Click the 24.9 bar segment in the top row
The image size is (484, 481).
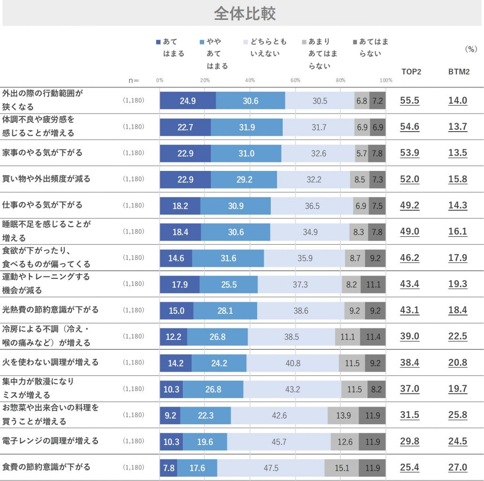[188, 101]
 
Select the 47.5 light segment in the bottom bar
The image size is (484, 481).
[271, 468]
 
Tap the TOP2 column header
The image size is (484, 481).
[411, 72]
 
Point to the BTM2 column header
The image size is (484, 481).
[458, 72]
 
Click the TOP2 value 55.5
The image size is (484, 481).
[410, 100]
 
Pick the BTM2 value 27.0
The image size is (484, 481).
[458, 468]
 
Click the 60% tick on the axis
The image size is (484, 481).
[295, 80]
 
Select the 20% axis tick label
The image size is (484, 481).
[205, 80]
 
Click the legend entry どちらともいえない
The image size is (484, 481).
[268, 48]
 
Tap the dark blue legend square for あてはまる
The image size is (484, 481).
[158, 42]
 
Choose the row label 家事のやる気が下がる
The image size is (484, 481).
[43, 152]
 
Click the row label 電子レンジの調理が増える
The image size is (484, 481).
[51, 441]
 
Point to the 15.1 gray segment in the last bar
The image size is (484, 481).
[341, 468]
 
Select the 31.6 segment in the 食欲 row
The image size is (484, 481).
[228, 258]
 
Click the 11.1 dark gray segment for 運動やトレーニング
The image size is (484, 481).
[373, 284]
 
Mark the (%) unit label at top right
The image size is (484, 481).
[471, 49]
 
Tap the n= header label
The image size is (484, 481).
[134, 80]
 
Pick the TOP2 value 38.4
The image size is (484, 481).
[410, 363]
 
